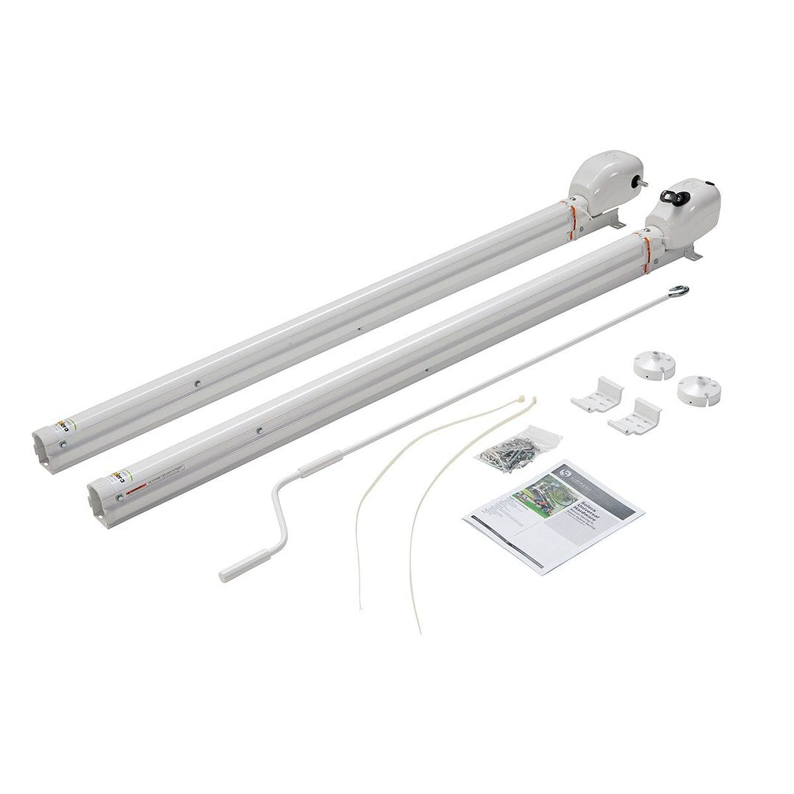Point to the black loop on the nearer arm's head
tap(672, 196)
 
